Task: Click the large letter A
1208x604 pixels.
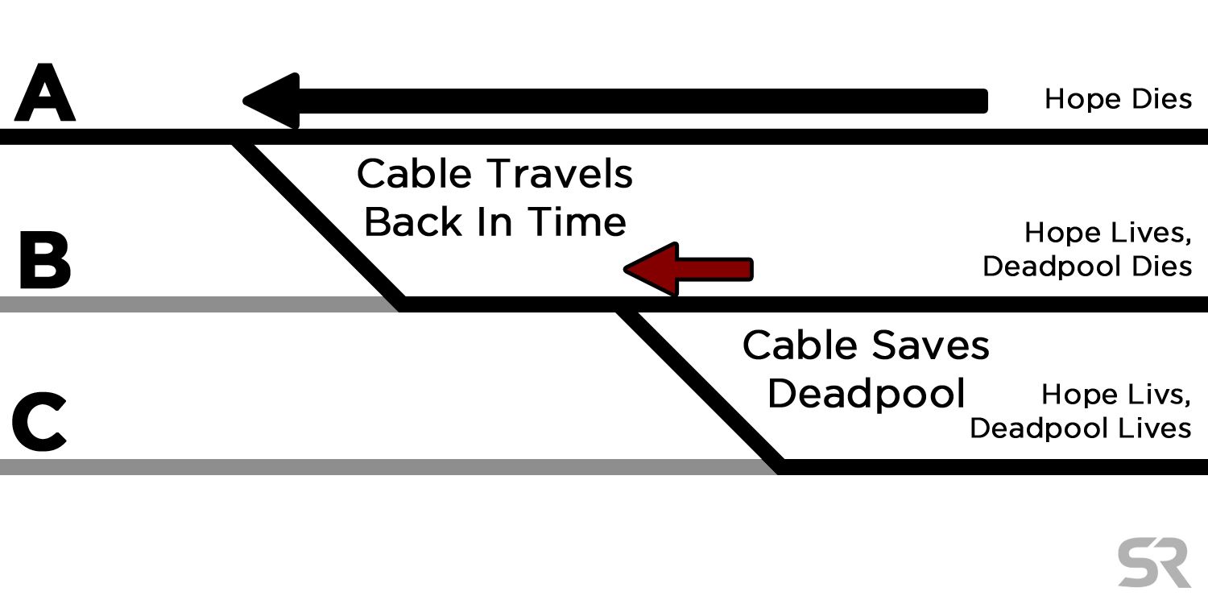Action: [45, 93]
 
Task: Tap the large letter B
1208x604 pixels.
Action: [45, 259]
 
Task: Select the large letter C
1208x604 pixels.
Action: [39, 422]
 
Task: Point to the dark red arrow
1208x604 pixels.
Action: [688, 269]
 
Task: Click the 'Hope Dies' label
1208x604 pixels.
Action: [1118, 99]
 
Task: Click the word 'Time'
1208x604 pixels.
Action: [577, 221]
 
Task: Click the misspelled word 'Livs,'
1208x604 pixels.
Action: [1156, 395]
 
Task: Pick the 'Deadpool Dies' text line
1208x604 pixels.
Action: [1087, 267]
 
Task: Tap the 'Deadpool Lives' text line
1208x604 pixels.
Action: [1081, 428]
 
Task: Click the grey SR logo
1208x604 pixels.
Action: [1154, 562]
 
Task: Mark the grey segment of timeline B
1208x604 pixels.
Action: [200, 304]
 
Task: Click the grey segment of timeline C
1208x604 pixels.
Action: [388, 467]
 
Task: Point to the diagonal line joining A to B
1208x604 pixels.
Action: [318, 221]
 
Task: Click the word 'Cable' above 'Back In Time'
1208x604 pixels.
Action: [414, 174]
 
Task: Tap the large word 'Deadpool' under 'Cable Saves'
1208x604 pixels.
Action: [866, 393]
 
